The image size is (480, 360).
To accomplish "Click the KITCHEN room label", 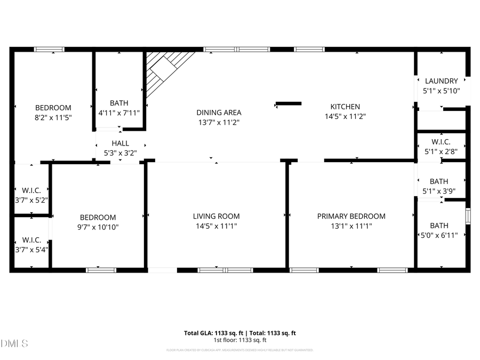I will point(345,107).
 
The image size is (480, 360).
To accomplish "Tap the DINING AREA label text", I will point(219,113).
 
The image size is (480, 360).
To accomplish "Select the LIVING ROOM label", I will point(216,216).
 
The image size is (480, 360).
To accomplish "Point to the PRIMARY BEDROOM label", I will point(351,216).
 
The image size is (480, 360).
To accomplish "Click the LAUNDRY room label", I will point(441,81).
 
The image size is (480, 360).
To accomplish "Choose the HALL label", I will point(120,143).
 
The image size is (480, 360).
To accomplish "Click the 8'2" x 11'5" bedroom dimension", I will point(53,117).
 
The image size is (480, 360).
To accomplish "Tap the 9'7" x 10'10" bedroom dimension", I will point(98,227).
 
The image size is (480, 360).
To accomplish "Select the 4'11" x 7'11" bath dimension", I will point(119,113).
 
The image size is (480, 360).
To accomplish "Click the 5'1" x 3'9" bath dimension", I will point(439,191).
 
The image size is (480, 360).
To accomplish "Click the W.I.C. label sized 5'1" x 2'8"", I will point(441,142).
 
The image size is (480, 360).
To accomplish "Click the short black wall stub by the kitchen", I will point(289,103).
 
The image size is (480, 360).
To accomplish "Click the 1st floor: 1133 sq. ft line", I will point(240,340).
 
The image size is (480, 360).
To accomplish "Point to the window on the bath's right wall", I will point(468,215).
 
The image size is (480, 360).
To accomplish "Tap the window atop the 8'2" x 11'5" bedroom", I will point(50,50).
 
